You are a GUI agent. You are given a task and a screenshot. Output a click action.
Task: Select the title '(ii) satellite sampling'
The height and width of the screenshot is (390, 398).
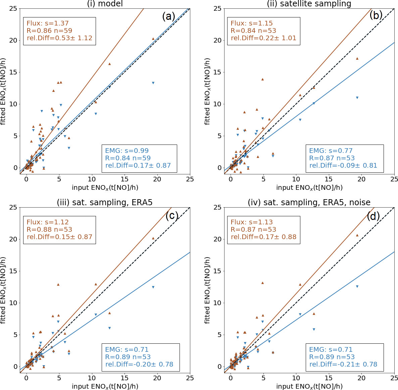pos(309,4)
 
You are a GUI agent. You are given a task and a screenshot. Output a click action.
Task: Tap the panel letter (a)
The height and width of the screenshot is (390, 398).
pos(168,16)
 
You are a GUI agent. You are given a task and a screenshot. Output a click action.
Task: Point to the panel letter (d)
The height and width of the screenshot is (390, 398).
pos(373,216)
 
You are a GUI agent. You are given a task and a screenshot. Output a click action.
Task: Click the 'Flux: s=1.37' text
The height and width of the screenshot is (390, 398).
pos(48,23)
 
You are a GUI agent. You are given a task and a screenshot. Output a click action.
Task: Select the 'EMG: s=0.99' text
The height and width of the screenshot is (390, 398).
pos(127,151)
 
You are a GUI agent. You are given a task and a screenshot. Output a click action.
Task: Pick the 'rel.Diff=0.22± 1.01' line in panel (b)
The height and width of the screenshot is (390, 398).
pos(263,38)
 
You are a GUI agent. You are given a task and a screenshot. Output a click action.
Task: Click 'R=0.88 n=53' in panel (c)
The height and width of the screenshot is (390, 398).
pos(49,230)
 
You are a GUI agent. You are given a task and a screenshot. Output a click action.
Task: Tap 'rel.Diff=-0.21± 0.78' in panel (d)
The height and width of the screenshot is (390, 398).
pos(343,365)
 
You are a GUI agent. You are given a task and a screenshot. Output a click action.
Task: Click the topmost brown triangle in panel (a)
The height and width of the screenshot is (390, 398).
pos(153,39)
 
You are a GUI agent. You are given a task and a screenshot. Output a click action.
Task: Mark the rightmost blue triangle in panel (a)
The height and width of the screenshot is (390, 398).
pos(153,83)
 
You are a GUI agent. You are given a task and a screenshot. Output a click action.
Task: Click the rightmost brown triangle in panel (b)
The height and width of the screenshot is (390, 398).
pos(357,58)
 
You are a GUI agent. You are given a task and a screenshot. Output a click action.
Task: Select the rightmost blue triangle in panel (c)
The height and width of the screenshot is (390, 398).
pos(153,287)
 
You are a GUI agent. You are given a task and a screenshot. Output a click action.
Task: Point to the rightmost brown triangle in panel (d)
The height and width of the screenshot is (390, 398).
pos(357,235)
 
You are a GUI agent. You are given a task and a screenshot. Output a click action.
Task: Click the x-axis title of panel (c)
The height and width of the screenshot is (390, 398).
pos(105,386)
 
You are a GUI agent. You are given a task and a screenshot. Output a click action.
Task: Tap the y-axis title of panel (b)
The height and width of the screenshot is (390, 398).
pos(208,91)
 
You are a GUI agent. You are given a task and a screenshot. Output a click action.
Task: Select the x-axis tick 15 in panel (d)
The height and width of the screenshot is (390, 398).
pos(329,378)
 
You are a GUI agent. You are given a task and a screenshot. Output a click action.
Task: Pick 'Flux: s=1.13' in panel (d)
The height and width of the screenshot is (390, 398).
pos(252,222)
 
